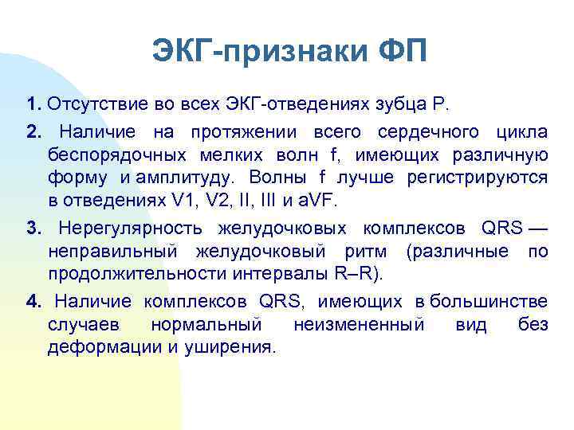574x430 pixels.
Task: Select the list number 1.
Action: coord(32,104)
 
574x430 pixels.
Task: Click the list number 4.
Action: coord(32,303)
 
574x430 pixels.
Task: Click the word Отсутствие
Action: coord(88,104)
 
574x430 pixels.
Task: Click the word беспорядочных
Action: coord(107,154)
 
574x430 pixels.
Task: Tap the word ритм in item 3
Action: coord(375,253)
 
